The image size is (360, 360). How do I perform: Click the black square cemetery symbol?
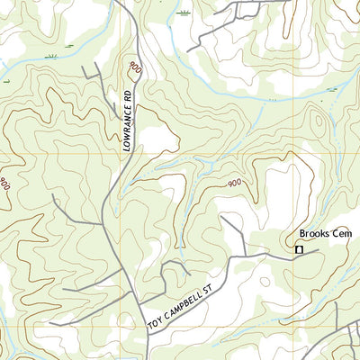coord(300,250)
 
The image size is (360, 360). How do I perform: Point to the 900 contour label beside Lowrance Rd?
coord(135,67)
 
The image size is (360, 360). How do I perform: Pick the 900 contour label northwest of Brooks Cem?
coord(234,184)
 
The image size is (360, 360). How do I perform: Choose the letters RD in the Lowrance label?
coord(129,94)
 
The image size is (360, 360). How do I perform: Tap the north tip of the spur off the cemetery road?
coord(222,217)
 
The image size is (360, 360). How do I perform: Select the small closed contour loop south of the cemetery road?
coord(263,286)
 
